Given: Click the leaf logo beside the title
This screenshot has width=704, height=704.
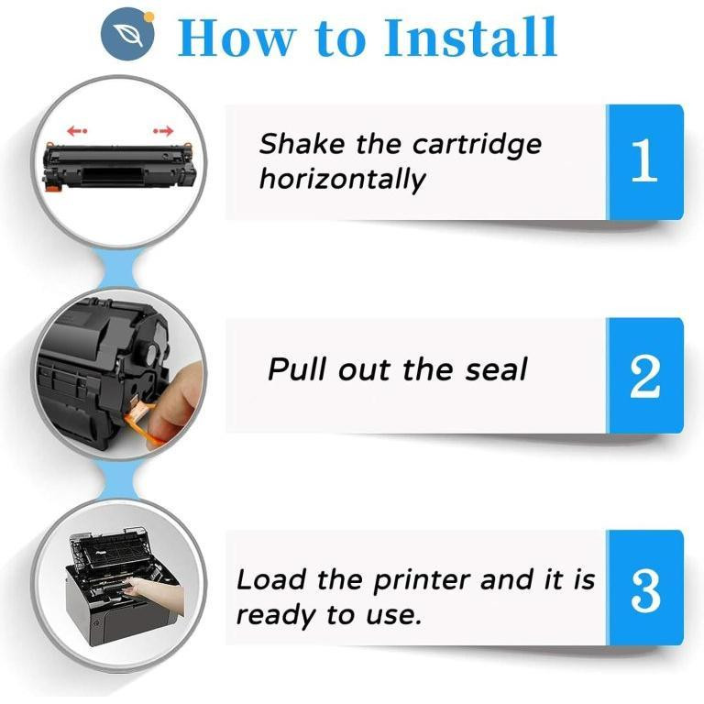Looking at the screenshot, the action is coord(127,34).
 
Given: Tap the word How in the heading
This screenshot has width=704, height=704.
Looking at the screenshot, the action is coord(237,38).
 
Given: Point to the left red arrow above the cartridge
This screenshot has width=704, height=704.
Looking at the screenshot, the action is coord(77,131).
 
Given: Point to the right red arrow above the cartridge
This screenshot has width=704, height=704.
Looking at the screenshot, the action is coord(163,131).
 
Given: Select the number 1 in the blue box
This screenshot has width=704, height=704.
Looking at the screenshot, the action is coord(644,160).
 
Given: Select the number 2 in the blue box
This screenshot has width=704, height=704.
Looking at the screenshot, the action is coord(644,376).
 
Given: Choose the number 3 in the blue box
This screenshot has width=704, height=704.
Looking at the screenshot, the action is coord(645,591).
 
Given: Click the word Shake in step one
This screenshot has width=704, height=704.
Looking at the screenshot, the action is coord(302,144).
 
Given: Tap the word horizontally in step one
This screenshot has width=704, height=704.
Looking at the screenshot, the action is coord(342,180).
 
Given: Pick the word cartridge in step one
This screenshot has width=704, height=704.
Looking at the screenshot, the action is coord(477,146).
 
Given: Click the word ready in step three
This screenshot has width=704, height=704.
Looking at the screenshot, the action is coord(277,616).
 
